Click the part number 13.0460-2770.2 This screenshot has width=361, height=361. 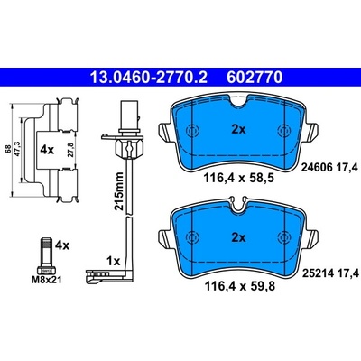[149, 78]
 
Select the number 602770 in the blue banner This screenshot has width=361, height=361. [255, 78]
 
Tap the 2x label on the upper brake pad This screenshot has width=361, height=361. [238, 130]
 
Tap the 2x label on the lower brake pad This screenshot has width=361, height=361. [238, 238]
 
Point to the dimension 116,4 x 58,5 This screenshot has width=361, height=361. [239, 179]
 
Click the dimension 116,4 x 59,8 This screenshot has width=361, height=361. [239, 286]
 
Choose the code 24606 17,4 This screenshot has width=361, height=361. [330, 168]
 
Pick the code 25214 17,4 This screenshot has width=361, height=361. [330, 273]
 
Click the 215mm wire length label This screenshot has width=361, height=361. [119, 191]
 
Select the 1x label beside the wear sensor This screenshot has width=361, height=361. [114, 261]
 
